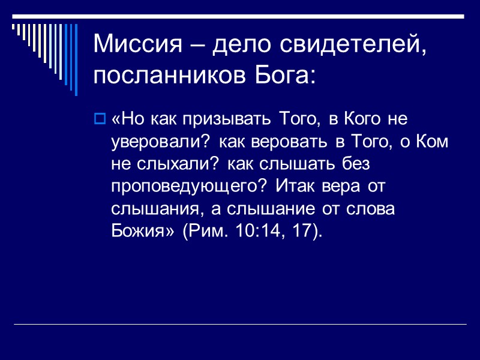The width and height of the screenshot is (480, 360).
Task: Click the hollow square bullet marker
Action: [100, 119]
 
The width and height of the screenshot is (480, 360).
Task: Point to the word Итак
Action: [296, 187]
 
